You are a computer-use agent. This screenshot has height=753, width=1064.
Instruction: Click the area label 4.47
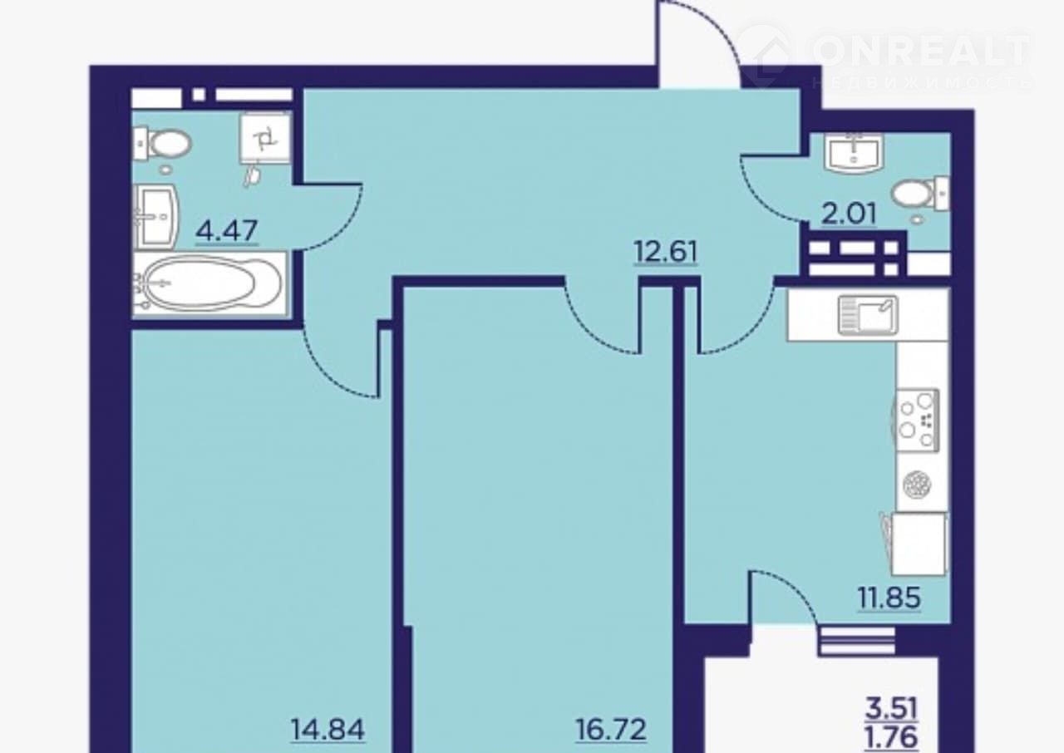tap(227, 230)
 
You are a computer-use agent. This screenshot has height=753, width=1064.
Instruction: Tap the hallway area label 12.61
tap(666, 252)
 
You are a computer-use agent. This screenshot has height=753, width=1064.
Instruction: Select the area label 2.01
tap(849, 214)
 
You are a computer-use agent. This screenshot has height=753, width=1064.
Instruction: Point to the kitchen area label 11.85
tap(889, 598)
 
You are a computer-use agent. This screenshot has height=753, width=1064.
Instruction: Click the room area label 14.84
tap(328, 730)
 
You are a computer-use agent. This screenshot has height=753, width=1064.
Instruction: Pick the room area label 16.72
tap(611, 730)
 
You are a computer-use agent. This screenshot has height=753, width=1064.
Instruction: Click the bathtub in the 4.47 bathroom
tap(209, 283)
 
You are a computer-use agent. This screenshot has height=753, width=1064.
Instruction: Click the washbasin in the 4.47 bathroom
tap(157, 217)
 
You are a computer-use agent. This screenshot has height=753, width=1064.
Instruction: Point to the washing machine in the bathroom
tap(265, 139)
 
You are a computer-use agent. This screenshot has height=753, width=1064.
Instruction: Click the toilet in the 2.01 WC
tap(920, 193)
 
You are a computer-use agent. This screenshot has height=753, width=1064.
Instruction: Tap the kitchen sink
tap(868, 315)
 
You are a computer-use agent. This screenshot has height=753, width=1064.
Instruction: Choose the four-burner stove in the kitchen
tap(917, 420)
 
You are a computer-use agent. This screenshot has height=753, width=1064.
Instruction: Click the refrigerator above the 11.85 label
tap(919, 544)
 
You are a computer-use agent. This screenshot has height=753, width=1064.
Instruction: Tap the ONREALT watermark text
tap(922, 51)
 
